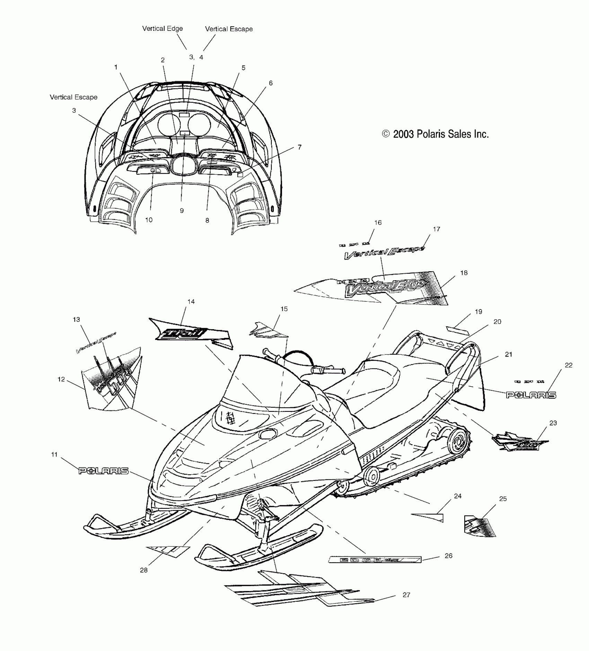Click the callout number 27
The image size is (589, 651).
pyautogui.click(x=406, y=595)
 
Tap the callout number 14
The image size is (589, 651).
pyautogui.click(x=191, y=302)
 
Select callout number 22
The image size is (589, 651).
pyautogui.click(x=569, y=365)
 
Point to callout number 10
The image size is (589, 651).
pyautogui.click(x=149, y=220)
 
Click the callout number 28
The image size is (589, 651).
pyautogui.click(x=144, y=570)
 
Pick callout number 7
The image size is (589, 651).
pyautogui.click(x=299, y=147)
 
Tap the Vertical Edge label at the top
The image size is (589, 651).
pyautogui.click(x=162, y=29)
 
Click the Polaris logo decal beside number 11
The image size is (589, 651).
pyautogui.click(x=104, y=471)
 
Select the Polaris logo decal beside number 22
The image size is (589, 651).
pyautogui.click(x=531, y=395)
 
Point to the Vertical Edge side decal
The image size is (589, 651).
pyautogui.click(x=386, y=287)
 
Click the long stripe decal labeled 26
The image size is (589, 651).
pyautogui.click(x=375, y=560)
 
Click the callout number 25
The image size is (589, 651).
pyautogui.click(x=503, y=499)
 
